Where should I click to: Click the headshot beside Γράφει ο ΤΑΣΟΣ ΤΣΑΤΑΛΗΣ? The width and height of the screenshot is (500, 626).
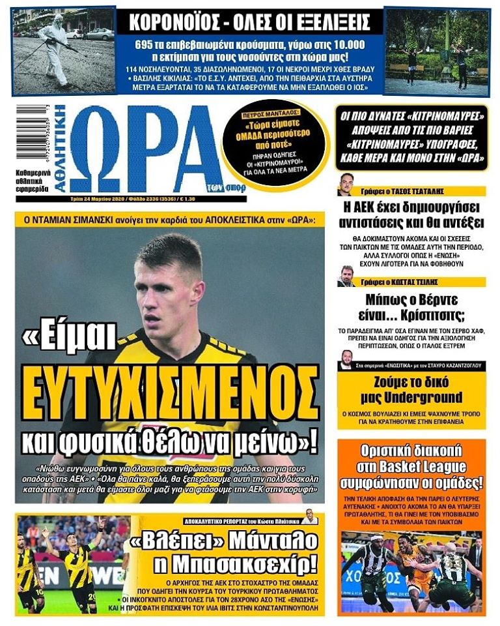point(345,185)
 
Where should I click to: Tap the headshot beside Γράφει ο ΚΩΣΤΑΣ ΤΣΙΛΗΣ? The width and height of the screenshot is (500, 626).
point(346,276)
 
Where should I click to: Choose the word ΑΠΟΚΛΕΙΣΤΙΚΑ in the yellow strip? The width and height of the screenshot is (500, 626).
point(229,220)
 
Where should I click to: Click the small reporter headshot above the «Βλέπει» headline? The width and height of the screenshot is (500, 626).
point(309,518)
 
